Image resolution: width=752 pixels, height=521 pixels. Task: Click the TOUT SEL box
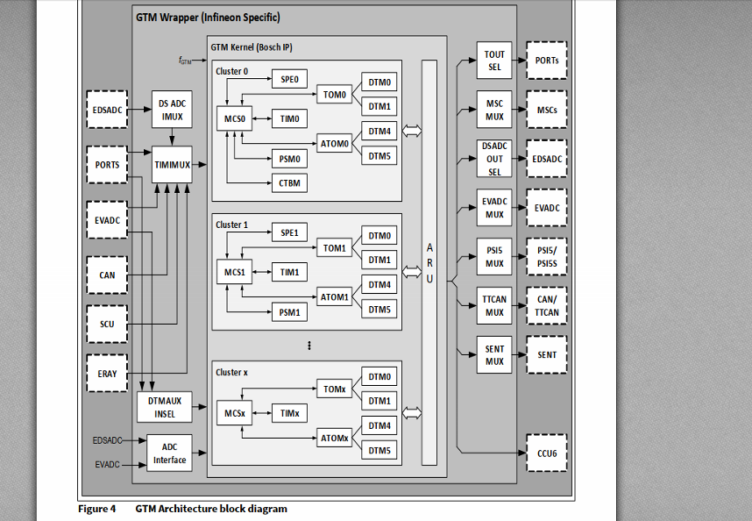494,61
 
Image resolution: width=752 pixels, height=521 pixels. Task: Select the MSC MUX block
494,110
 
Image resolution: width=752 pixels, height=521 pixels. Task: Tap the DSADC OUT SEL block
494,159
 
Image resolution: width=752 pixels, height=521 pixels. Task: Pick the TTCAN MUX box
494,306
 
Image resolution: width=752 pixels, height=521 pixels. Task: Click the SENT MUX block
494,355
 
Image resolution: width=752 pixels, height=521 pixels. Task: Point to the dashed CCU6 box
546,454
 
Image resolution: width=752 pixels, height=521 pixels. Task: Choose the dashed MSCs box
546,110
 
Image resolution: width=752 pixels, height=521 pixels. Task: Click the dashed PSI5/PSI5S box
546,257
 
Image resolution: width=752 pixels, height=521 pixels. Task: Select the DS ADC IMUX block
172,110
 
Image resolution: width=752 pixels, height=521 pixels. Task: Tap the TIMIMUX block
172,164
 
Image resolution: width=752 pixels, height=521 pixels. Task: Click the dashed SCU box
107,325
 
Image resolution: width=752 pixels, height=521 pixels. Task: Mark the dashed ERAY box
107,374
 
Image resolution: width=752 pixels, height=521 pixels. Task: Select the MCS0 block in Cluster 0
233,118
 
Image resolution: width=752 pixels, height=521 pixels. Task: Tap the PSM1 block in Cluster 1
288,312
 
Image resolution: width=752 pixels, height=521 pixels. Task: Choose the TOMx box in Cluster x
334,389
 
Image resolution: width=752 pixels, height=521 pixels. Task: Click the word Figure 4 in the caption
96,509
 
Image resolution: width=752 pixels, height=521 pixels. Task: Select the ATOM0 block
334,144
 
